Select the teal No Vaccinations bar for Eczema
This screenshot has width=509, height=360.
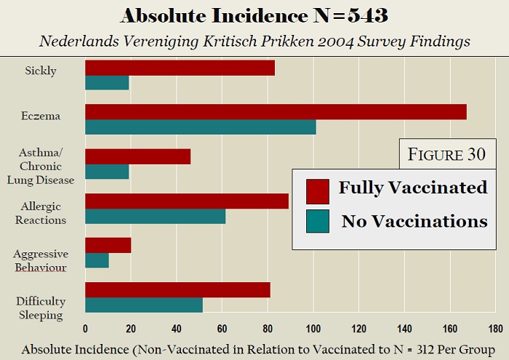pos(200,127)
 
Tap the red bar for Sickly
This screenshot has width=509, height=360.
pos(180,68)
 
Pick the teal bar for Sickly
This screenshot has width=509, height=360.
pos(107,82)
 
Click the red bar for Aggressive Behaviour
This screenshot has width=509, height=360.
pos(108,245)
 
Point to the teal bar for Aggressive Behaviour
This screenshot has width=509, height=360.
pos(97,260)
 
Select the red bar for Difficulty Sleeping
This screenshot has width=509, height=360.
pos(177,289)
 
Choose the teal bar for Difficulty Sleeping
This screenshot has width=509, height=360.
pos(143,305)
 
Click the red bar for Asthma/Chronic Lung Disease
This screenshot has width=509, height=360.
pos(137,156)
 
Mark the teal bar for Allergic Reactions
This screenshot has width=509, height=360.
pos(155,216)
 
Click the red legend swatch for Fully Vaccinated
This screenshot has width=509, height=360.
pos(318,191)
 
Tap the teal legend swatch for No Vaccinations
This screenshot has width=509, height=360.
pos(318,222)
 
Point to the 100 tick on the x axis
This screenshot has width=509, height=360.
pos(313,328)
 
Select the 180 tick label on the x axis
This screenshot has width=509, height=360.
pos(496,328)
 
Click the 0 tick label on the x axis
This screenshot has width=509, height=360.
pos(85,328)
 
